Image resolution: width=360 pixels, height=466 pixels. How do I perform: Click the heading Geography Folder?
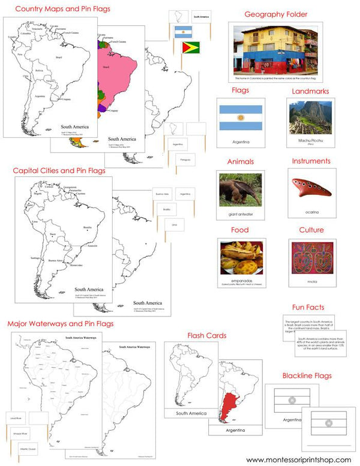click(x=276, y=14)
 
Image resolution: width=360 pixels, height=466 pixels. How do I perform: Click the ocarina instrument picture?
click(x=310, y=188)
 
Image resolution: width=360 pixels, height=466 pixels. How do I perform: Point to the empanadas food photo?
click(x=240, y=257)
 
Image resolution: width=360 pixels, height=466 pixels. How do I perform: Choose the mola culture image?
click(x=310, y=257)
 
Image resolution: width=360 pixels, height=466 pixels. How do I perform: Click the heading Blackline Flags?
click(x=307, y=376)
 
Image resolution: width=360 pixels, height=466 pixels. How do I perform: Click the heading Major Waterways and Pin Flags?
click(x=61, y=324)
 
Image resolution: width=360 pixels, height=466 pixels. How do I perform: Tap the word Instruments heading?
click(x=311, y=161)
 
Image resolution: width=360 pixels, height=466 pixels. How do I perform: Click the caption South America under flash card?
click(x=191, y=413)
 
